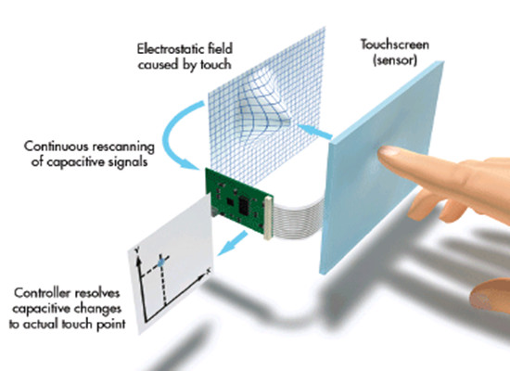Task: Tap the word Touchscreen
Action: [x=394, y=45]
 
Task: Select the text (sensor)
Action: [x=395, y=60]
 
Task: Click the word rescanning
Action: [x=122, y=147]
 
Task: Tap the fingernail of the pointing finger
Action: [x=389, y=150]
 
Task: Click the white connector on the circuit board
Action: [x=268, y=218]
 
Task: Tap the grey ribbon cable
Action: [x=297, y=216]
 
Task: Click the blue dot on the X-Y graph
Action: [x=160, y=263]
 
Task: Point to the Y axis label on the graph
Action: [x=137, y=249]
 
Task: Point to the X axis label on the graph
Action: [x=209, y=271]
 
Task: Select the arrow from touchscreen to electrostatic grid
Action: [x=315, y=131]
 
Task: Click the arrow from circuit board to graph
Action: [x=233, y=243]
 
